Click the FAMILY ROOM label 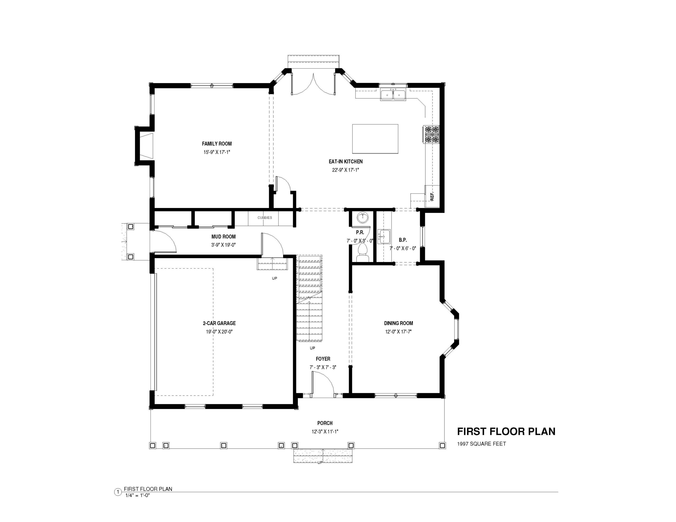tap(217, 144)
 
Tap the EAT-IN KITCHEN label tap(345, 162)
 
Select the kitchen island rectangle tap(375, 139)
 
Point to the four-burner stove tap(431, 134)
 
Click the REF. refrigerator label tap(432, 196)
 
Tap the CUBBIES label tap(265, 218)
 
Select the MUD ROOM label tap(223, 237)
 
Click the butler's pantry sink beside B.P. tap(384, 237)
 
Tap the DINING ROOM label tap(398, 323)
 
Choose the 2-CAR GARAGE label tap(219, 323)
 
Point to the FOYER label tap(323, 359)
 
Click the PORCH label tap(325, 423)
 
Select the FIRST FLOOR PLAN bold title tap(506, 431)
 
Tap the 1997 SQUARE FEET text tap(482, 444)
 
